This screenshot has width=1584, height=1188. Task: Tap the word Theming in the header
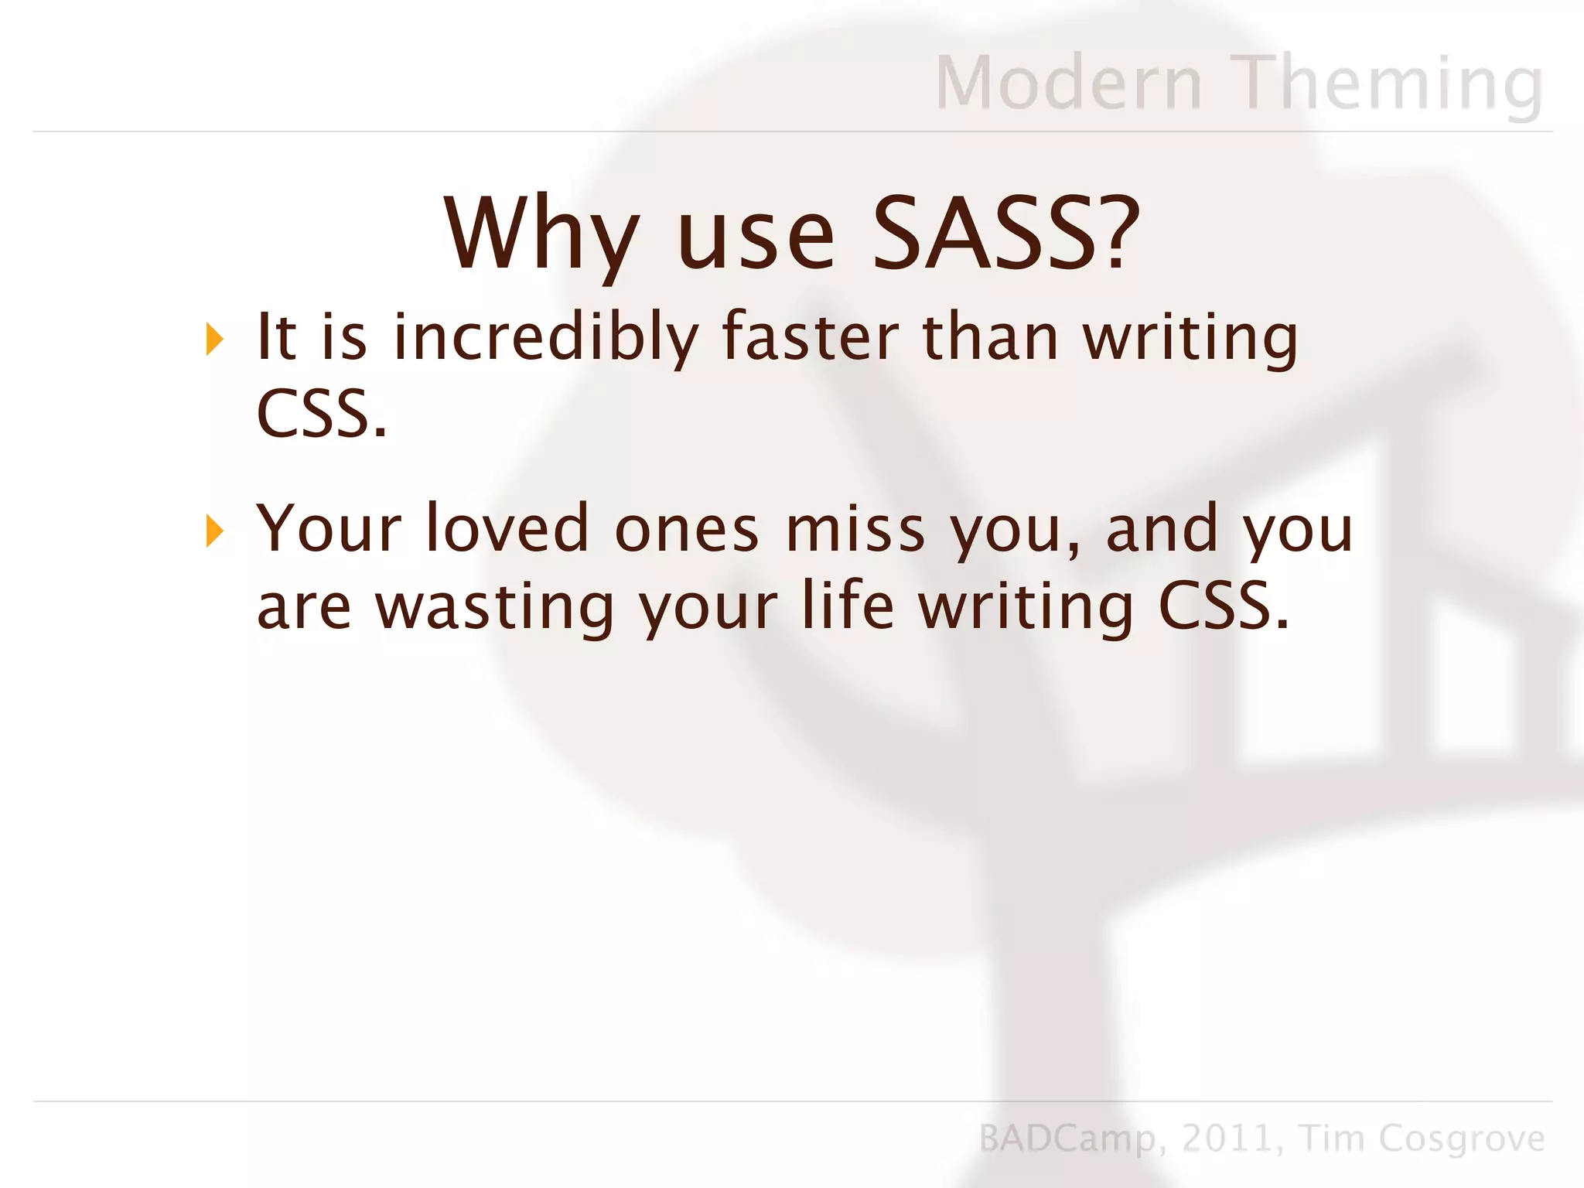point(1388,85)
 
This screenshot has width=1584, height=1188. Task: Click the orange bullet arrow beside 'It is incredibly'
point(215,339)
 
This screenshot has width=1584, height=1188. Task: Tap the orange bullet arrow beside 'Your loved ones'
point(215,531)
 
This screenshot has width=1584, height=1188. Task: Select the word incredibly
point(546,338)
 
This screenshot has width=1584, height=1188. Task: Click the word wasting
point(494,608)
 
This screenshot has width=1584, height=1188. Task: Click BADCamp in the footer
point(1067,1138)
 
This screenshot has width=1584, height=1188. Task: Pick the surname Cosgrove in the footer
point(1461,1139)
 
